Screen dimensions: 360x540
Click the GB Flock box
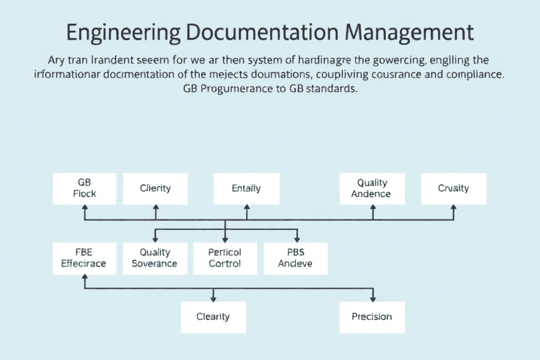tap(84, 188)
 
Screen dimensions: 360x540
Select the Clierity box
tap(155, 188)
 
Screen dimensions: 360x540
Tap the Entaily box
tap(246, 188)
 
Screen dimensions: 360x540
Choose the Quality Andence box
tap(372, 188)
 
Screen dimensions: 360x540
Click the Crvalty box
tap(454, 188)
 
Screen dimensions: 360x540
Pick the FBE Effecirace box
tap(84, 258)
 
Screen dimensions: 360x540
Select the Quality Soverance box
tap(155, 258)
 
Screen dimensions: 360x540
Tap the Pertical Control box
tap(225, 258)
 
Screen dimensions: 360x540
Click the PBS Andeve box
tap(295, 258)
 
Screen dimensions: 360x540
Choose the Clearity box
tap(213, 317)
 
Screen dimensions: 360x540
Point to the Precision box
tap(372, 317)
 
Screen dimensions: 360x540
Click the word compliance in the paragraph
tap(470, 72)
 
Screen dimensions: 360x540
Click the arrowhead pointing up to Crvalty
tap(454, 208)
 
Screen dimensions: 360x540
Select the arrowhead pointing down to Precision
tap(372, 298)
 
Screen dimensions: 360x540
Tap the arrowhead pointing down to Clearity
tap(213, 298)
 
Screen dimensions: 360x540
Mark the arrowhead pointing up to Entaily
tap(246, 208)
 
